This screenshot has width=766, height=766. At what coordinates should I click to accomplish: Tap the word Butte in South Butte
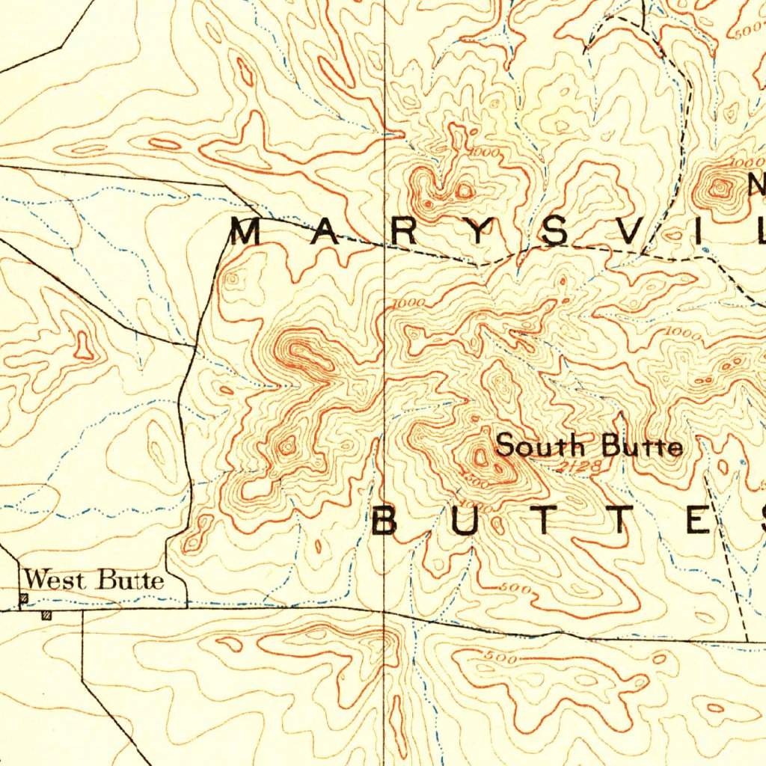(x=643, y=447)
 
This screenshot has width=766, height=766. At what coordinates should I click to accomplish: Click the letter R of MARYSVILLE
(x=402, y=233)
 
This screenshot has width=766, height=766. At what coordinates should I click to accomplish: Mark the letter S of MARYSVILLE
(x=554, y=233)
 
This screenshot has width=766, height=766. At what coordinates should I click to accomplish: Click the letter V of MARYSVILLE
(x=629, y=233)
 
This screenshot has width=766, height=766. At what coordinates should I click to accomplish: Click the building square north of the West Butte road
(x=24, y=598)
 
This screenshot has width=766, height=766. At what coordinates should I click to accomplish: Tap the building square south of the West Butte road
(x=46, y=616)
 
